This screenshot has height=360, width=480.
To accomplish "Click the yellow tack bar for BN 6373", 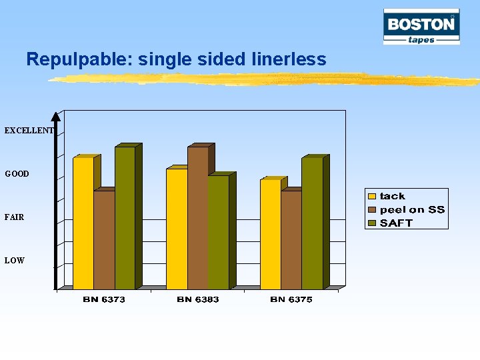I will point(83,223).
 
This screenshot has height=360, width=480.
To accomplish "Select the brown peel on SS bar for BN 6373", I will point(104,239).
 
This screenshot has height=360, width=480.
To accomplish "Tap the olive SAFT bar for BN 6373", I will point(125,217).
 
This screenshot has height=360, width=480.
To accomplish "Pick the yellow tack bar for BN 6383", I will point(177,229).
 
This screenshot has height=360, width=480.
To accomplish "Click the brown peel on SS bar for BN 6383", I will point(198,217).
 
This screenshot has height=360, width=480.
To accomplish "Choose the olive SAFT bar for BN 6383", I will point(218,232).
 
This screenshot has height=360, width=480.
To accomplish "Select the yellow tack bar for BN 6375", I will point(270,234).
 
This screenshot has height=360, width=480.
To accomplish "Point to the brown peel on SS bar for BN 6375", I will point(291,239).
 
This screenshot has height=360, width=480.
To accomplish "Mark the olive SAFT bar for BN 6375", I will point(312,223).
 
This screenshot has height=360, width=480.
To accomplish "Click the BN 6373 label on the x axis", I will point(104,300).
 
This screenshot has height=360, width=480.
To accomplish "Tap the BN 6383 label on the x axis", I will point(198,300).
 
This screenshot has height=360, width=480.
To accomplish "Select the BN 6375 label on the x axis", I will point(291,300).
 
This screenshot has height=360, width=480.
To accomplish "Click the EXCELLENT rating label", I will point(28,131).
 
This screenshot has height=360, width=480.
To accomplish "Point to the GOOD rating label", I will point(17,174).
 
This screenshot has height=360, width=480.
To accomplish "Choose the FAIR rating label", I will point(15,217).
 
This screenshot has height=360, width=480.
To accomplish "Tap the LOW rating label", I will point(15,261).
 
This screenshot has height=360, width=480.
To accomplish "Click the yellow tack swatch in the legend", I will point(373,196).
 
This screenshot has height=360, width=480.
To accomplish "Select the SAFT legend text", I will point(396,223).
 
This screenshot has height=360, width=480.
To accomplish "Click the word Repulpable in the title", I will point(79,59).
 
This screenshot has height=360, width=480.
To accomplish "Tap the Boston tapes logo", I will point(421,27).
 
